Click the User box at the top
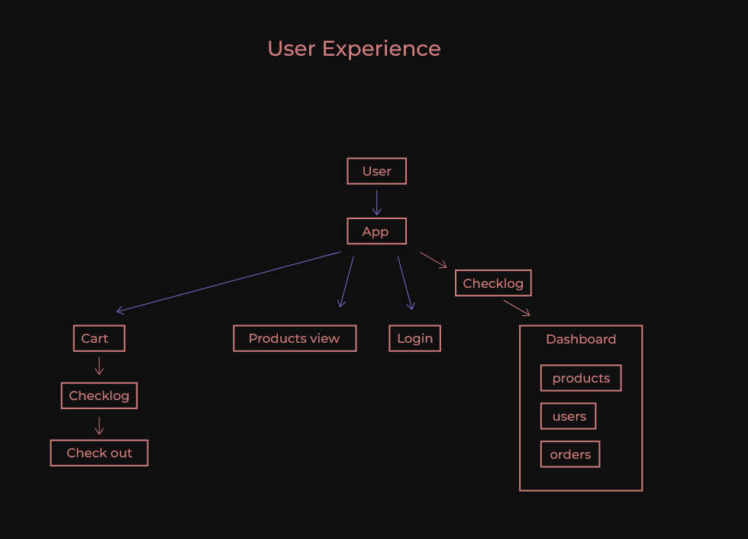coord(376,171)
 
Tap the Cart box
coord(98,338)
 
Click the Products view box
coord(295,338)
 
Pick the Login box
coord(414,338)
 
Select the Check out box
coord(99,453)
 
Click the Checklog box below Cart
coord(99,395)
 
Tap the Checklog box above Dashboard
coord(493,283)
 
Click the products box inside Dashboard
coord(581,378)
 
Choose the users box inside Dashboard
coord(569,416)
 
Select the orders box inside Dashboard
coord(570,454)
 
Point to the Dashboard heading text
coord(581,339)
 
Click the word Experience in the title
coord(381,49)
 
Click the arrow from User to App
coord(376,202)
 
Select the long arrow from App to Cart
coord(229,282)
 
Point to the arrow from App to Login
coord(405,282)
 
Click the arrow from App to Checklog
coord(433,260)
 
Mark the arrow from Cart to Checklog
coord(98,366)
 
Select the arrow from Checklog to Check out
coord(98,425)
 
